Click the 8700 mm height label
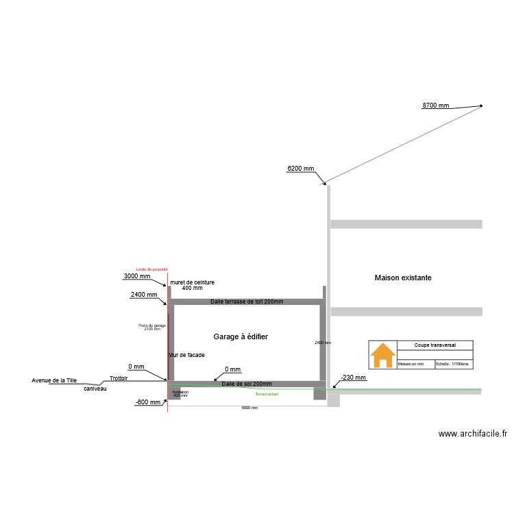click(x=436, y=106)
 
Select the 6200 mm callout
click(x=300, y=169)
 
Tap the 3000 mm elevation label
click(x=137, y=276)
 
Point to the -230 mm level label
click(x=354, y=378)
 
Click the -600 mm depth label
click(x=148, y=403)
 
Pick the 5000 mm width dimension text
click(x=249, y=408)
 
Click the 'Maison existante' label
click(x=403, y=278)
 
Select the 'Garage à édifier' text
click(x=241, y=336)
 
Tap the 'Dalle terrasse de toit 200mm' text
click(x=247, y=302)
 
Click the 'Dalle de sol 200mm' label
click(x=247, y=384)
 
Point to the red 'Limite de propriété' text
click(x=152, y=269)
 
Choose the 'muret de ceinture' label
click(x=192, y=282)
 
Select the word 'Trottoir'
click(x=119, y=378)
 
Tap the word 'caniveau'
click(x=95, y=389)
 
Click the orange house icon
click(x=382, y=355)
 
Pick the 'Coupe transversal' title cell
click(x=435, y=345)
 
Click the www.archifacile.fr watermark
click(x=473, y=433)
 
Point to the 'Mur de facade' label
click(x=186, y=355)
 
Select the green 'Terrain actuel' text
click(x=267, y=394)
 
